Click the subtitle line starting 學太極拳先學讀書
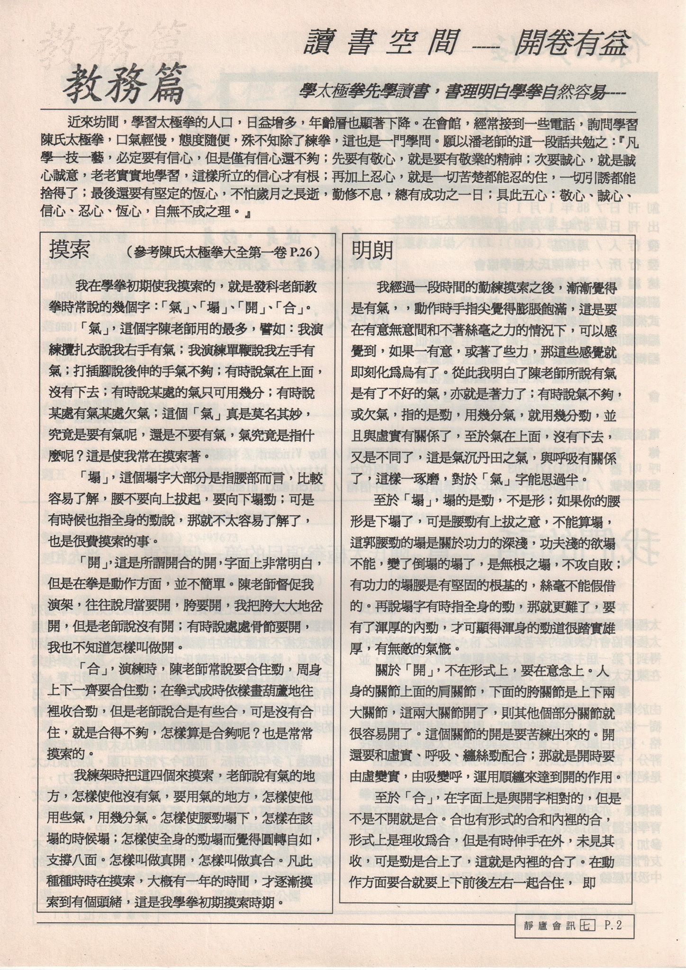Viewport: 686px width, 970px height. [462, 93]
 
